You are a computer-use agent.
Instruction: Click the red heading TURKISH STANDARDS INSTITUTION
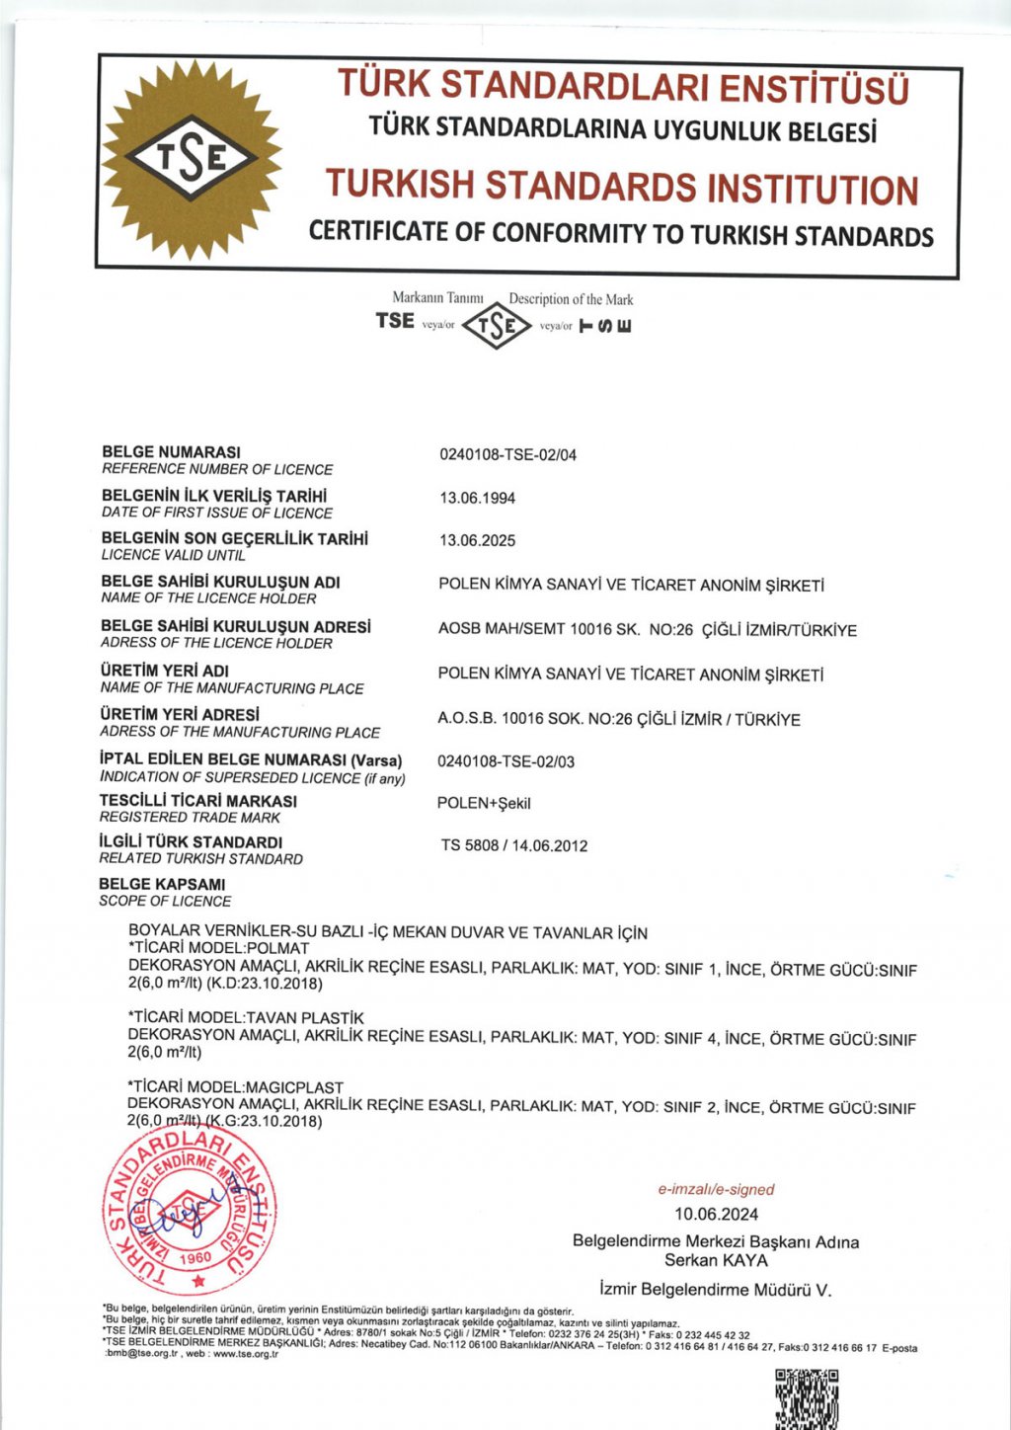click(x=622, y=187)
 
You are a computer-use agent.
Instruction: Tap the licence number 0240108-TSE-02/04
click(x=507, y=455)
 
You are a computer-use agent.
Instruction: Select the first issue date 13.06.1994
click(x=477, y=499)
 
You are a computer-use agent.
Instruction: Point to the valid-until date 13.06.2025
click(x=477, y=541)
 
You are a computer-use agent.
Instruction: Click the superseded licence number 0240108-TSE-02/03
click(x=505, y=761)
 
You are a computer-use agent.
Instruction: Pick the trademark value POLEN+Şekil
click(x=484, y=804)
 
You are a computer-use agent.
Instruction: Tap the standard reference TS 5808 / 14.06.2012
click(x=514, y=846)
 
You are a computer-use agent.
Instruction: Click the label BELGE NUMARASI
click(x=171, y=452)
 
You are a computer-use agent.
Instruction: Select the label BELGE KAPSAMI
click(x=162, y=885)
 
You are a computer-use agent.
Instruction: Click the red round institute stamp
click(x=190, y=1208)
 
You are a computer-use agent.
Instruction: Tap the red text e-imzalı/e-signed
click(x=716, y=1190)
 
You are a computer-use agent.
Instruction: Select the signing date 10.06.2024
click(x=716, y=1215)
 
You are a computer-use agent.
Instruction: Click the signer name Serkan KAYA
click(x=716, y=1260)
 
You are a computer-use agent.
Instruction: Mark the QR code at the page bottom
click(x=807, y=1398)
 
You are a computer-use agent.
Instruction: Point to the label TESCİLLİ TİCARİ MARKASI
click(x=197, y=801)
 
